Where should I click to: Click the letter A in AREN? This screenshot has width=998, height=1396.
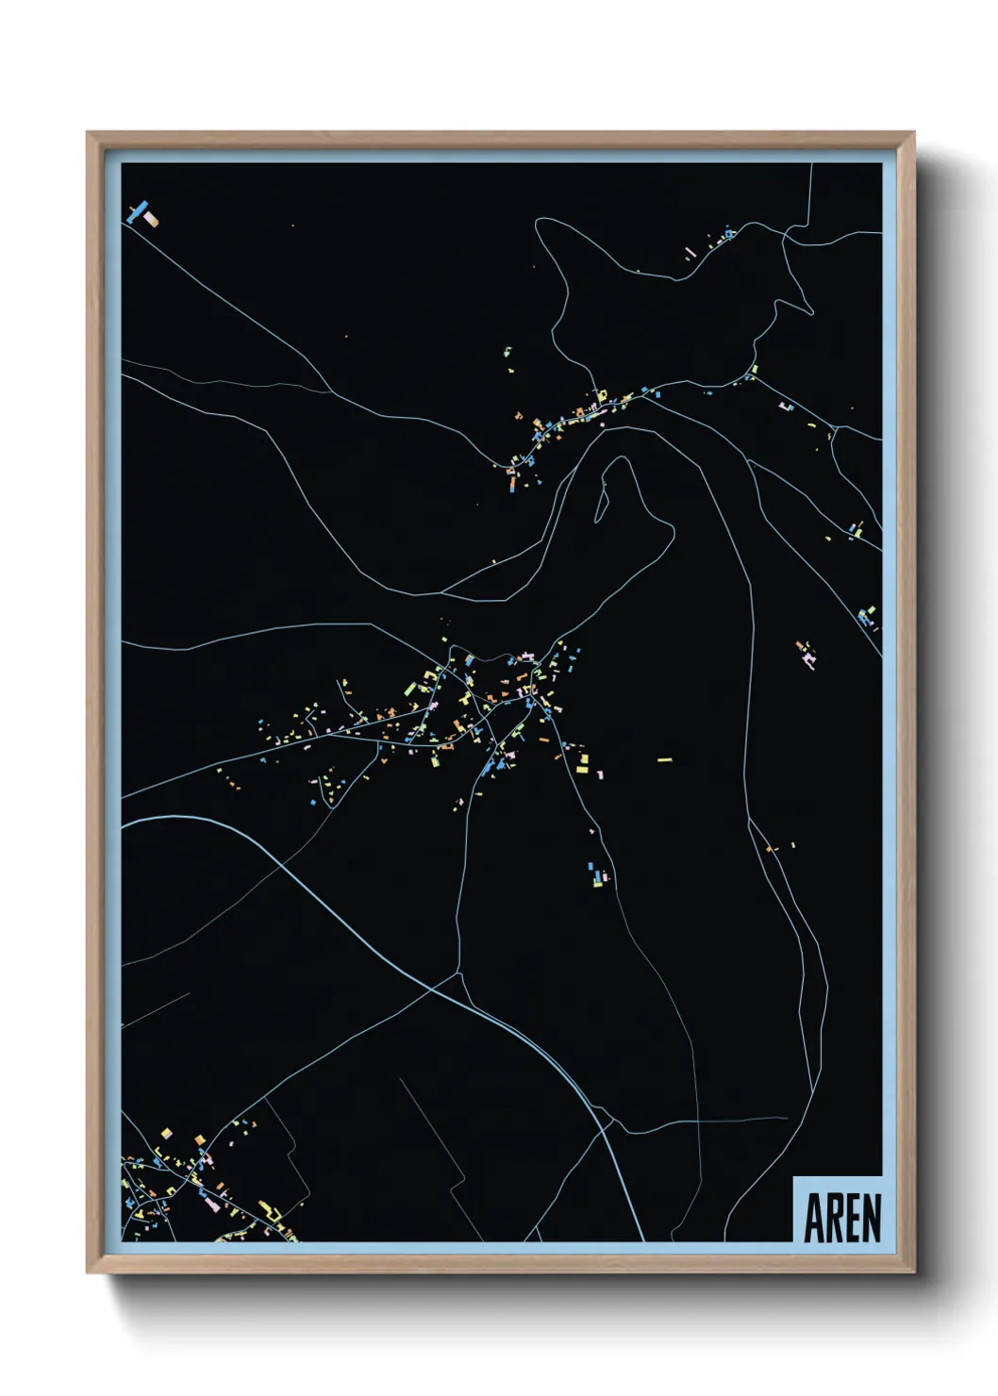tap(814, 1218)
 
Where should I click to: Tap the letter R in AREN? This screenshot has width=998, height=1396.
tap(834, 1218)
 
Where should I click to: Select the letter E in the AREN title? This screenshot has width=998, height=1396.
tap(853, 1218)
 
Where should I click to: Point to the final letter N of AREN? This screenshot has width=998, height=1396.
tap(872, 1218)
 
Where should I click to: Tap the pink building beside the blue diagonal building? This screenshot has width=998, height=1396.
tap(150, 220)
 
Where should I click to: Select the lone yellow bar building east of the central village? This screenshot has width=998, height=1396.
tap(664, 759)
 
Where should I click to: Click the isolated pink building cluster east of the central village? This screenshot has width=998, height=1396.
tap(807, 654)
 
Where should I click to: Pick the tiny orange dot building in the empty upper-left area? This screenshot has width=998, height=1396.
tap(346, 337)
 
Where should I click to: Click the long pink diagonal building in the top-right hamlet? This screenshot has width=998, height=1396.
tap(690, 253)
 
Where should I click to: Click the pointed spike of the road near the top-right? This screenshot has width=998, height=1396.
tap(811, 312)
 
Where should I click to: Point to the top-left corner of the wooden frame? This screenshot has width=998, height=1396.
tap(88, 133)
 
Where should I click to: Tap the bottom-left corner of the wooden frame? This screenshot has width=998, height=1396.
tap(88, 1272)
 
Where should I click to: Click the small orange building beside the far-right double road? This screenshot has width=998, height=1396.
tap(770, 850)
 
